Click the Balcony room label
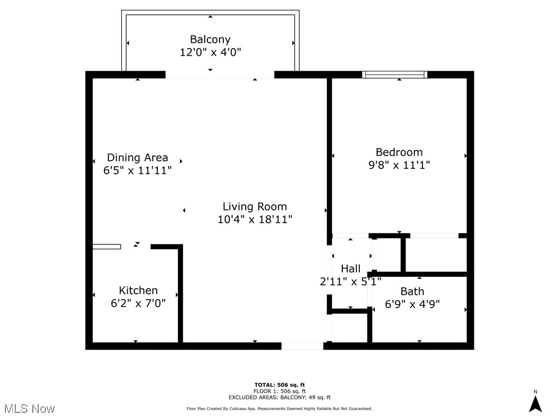(x=210, y=39)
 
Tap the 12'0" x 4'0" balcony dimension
(x=210, y=52)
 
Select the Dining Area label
(x=137, y=157)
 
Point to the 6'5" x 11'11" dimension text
(x=137, y=171)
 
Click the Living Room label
(x=254, y=206)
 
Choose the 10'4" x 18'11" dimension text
(x=255, y=219)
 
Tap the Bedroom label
(x=399, y=152)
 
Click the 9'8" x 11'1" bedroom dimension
(x=399, y=165)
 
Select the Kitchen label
(x=138, y=290)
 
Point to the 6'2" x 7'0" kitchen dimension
(x=138, y=303)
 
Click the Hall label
(x=350, y=269)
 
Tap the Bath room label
(x=412, y=291)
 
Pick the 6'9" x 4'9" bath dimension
(x=412, y=304)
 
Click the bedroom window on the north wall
(x=395, y=74)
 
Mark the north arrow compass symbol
(x=535, y=402)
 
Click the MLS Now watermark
(x=29, y=409)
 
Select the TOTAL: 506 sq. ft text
(x=279, y=385)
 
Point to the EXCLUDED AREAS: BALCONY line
(x=279, y=397)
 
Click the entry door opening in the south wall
(x=302, y=346)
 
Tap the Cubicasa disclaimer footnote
(x=279, y=409)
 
